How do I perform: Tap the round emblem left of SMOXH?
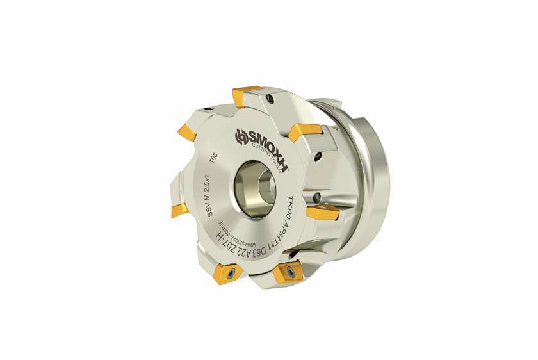coord(241,135)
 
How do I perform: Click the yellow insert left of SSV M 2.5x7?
coord(179,209)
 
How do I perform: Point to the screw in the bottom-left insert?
coord(230,274)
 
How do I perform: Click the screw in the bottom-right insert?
coord(290,274)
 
